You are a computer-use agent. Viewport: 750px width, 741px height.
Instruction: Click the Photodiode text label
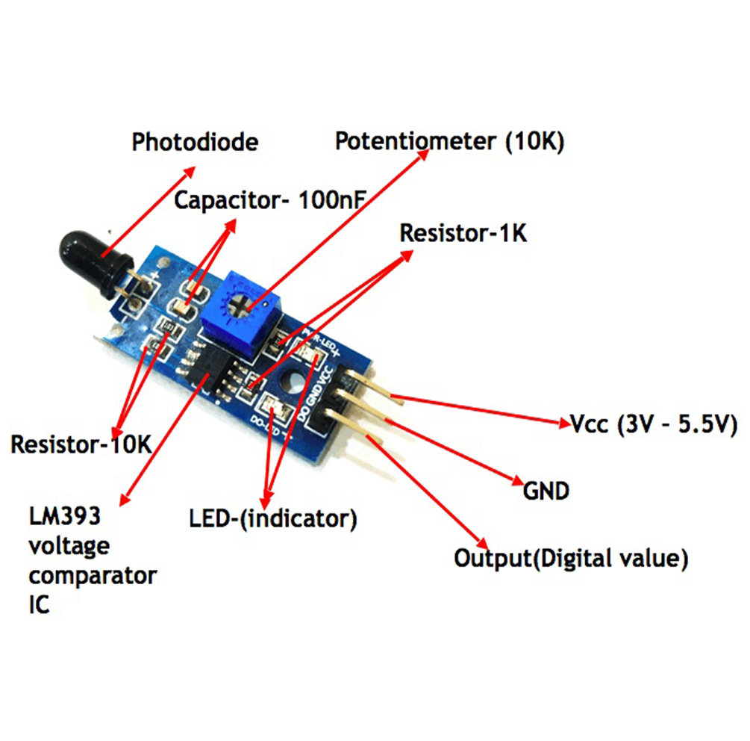pyautogui.click(x=195, y=142)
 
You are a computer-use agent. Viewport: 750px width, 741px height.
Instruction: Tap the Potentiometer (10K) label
pyautogui.click(x=449, y=140)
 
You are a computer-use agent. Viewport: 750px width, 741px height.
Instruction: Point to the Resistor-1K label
pyautogui.click(x=463, y=232)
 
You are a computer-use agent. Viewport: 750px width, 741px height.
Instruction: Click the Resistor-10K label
pyautogui.click(x=81, y=445)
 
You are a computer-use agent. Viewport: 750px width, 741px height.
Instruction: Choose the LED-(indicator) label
pyautogui.click(x=272, y=518)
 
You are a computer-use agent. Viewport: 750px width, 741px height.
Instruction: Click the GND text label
pyautogui.click(x=546, y=491)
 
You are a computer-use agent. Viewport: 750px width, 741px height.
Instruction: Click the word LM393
pyautogui.click(x=64, y=516)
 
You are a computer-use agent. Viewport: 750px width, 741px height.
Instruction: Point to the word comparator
pyautogui.click(x=93, y=576)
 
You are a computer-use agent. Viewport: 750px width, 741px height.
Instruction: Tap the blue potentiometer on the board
pyautogui.click(x=235, y=311)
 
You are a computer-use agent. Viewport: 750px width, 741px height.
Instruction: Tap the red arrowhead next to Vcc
pyautogui.click(x=563, y=424)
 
